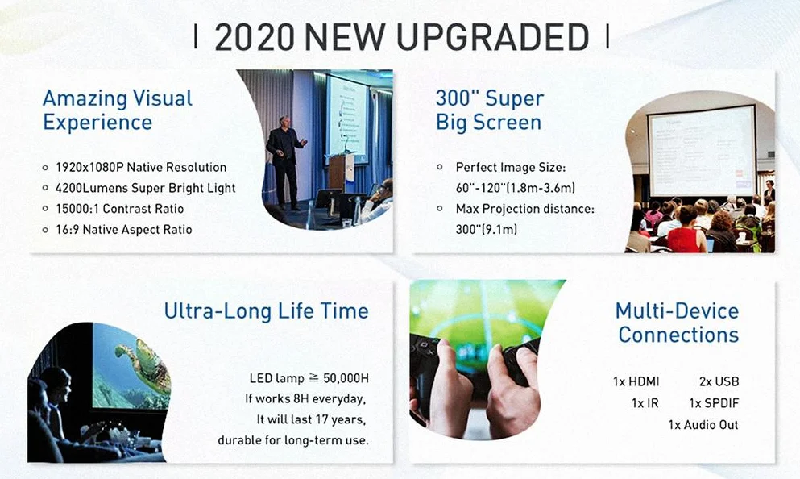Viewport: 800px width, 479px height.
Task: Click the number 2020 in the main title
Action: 254,37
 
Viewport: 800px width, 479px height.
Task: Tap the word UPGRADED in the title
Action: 492,37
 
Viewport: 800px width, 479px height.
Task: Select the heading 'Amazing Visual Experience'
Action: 118,110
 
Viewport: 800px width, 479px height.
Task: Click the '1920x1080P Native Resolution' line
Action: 141,167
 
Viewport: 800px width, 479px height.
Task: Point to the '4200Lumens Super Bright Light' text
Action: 145,188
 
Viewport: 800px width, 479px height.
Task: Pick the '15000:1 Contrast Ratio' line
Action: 119,209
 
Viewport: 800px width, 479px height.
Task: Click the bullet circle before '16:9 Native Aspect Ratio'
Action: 45,231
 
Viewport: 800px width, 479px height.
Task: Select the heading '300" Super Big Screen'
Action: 490,110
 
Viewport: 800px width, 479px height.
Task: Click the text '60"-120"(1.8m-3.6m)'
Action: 516,188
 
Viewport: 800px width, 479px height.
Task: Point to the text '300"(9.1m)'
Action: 487,229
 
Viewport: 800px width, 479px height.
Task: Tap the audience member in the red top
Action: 686,231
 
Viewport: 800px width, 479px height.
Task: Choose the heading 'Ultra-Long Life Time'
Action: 267,310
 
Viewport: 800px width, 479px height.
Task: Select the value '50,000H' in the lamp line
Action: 346,378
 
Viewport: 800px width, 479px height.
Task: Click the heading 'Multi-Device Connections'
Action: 678,323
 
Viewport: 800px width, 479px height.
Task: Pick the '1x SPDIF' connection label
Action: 714,403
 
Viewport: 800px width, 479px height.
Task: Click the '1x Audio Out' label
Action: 703,425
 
